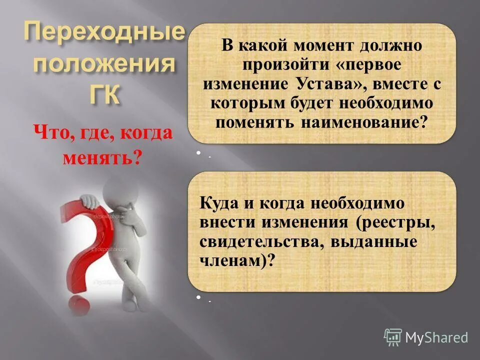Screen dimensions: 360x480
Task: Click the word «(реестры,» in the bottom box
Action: click(x=396, y=222)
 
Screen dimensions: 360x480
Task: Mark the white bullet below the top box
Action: click(x=198, y=153)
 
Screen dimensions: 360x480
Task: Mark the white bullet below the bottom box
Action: click(x=198, y=298)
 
